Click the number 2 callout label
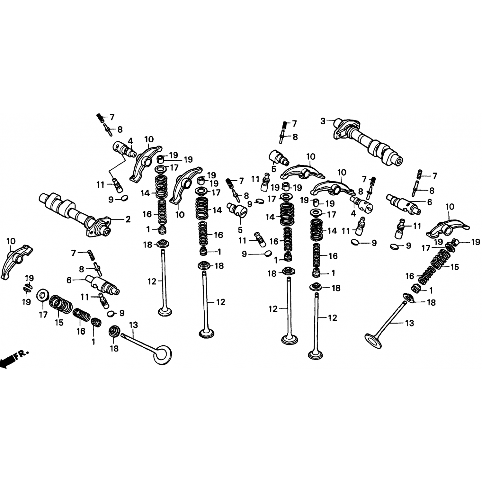click(x=128, y=219)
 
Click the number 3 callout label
click(x=323, y=121)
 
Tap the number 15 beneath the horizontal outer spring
click(x=59, y=322)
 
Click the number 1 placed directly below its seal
click(x=94, y=342)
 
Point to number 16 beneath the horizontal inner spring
click(x=81, y=331)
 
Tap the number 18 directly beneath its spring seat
click(x=114, y=348)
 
